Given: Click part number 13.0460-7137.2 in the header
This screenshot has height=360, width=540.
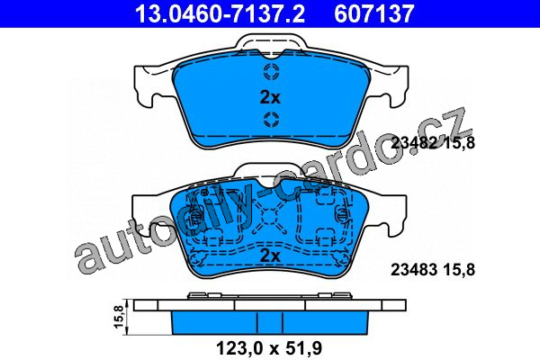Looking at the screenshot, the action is pyautogui.click(x=220, y=13).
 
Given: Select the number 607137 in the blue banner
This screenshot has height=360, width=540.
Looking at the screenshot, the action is pyautogui.click(x=374, y=13).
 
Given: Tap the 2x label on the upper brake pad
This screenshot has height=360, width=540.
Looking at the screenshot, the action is pyautogui.click(x=270, y=98).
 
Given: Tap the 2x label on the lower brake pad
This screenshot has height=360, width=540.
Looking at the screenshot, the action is pyautogui.click(x=270, y=256).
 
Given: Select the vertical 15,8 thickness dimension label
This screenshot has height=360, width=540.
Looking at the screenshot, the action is pyautogui.click(x=119, y=317).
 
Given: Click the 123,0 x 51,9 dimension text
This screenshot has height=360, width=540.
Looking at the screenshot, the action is pyautogui.click(x=269, y=348).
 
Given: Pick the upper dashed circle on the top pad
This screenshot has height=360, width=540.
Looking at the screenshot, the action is pyautogui.click(x=271, y=71).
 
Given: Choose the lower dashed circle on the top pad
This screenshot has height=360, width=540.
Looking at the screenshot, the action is pyautogui.click(x=271, y=120).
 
